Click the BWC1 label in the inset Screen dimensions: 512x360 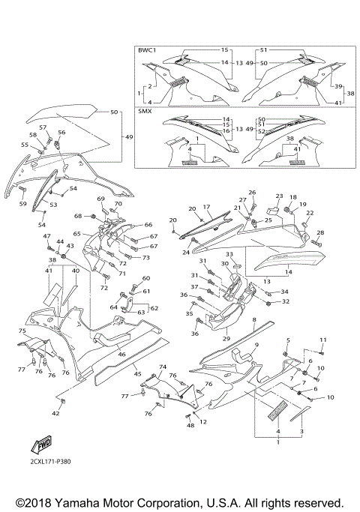[x=148, y=49]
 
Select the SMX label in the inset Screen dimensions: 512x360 [x=145, y=111]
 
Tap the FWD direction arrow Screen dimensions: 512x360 [x=28, y=446]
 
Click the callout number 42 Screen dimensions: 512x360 [x=56, y=413]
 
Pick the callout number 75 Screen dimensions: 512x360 [x=22, y=331]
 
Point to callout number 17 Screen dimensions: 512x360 [x=207, y=207]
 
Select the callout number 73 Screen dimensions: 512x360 [x=146, y=258]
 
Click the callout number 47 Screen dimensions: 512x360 [x=46, y=237]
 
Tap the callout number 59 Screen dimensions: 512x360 [x=22, y=204]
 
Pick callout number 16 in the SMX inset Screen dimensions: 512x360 [x=225, y=131]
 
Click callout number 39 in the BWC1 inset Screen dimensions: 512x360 [x=338, y=86]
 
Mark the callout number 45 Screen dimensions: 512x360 [x=137, y=373]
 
